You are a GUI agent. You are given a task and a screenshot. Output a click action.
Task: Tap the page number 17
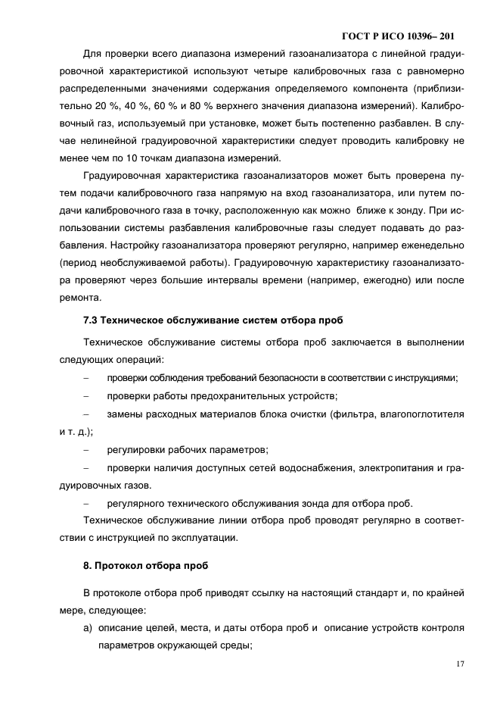point(459,664)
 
